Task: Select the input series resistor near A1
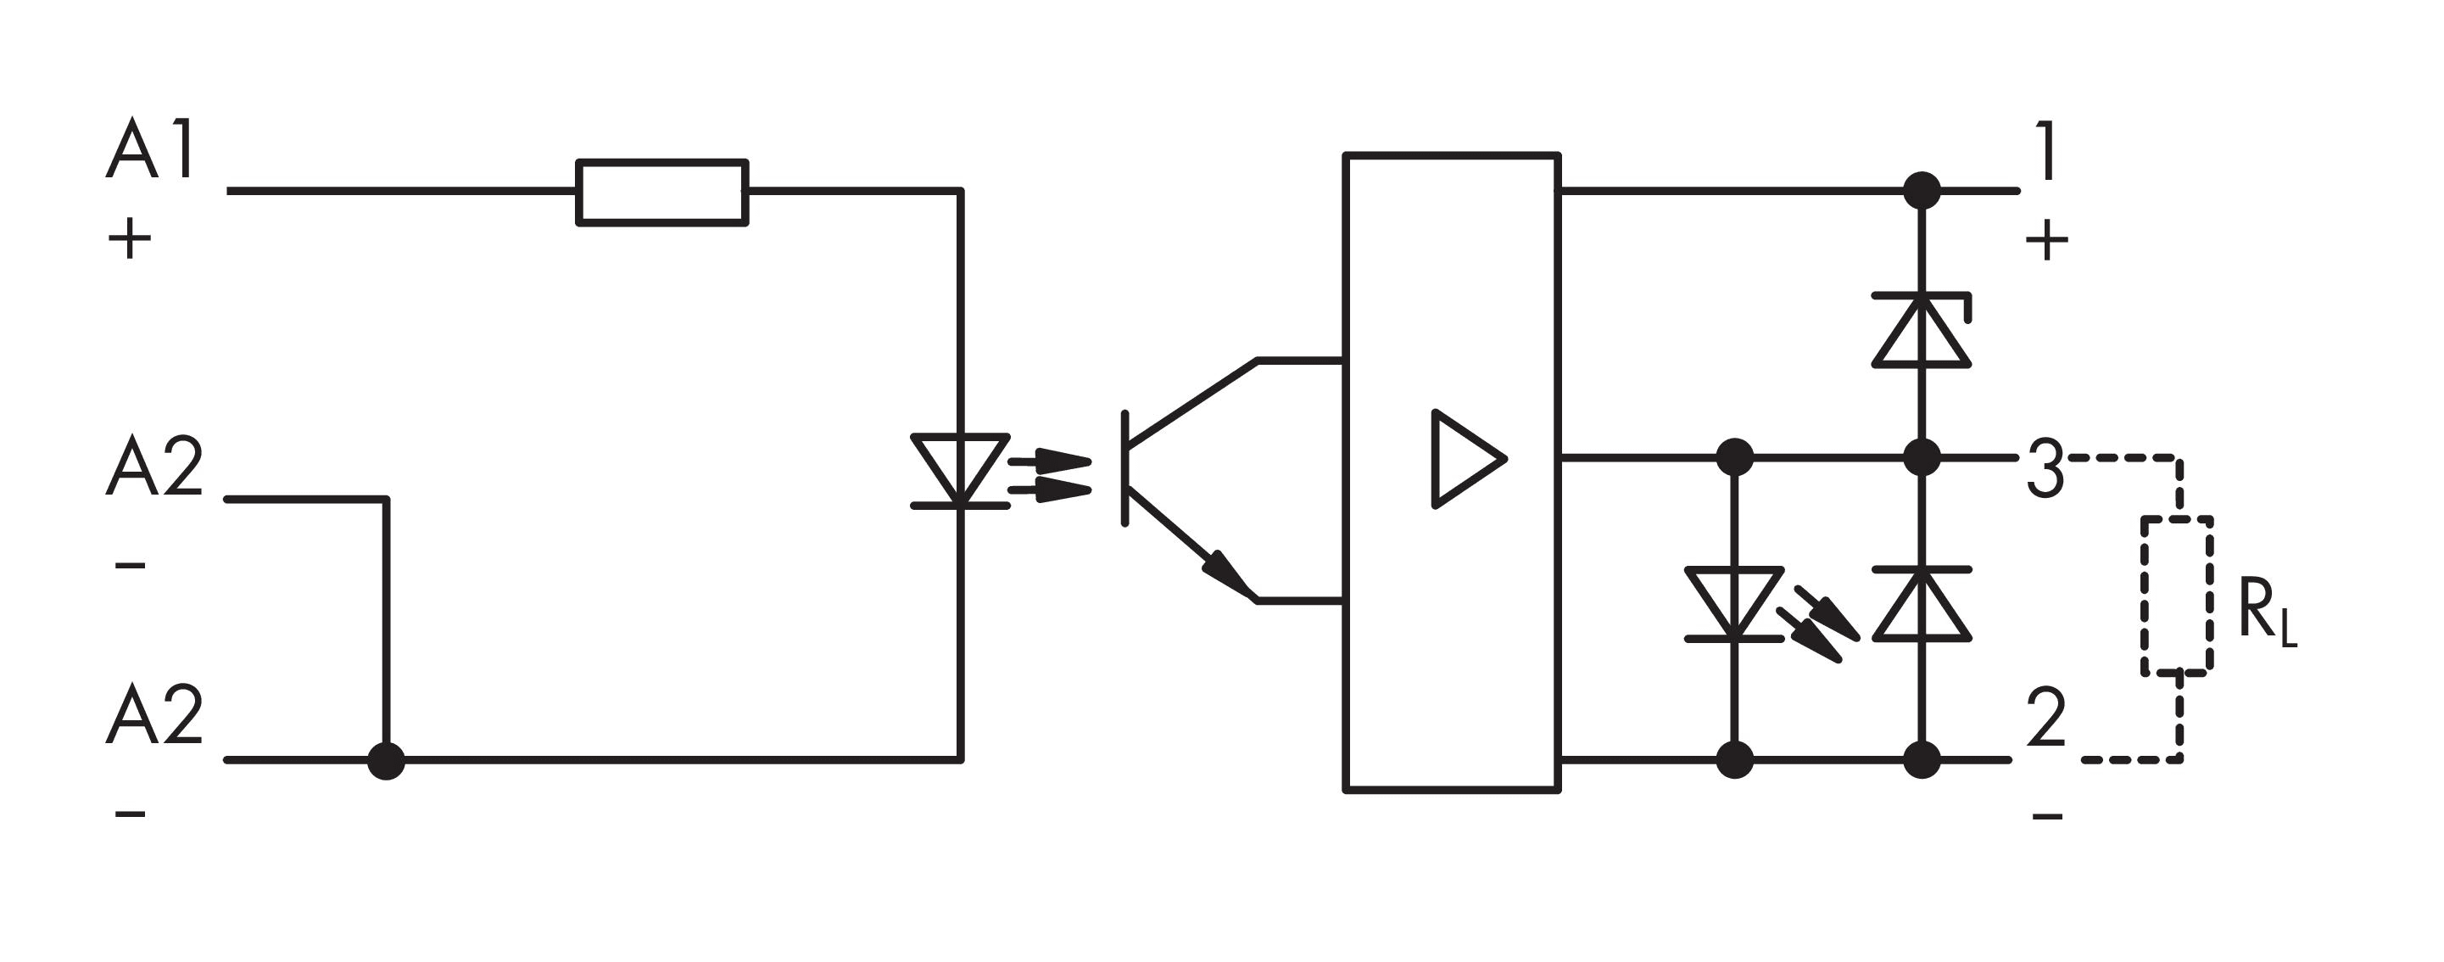pyautogui.click(x=661, y=193)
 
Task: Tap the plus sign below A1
pyautogui.click(x=130, y=239)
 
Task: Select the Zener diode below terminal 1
pyautogui.click(x=1922, y=330)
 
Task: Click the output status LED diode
pyautogui.click(x=1734, y=603)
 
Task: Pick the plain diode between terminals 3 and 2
pyautogui.click(x=1922, y=604)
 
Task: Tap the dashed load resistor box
pyautogui.click(x=2178, y=596)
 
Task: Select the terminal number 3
pyautogui.click(x=2045, y=468)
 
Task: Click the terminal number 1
pyautogui.click(x=2045, y=151)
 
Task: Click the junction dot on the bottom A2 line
pyautogui.click(x=386, y=760)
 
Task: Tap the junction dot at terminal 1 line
pyautogui.click(x=1922, y=191)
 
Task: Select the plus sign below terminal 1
pyautogui.click(x=2046, y=241)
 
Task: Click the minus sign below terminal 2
pyautogui.click(x=2047, y=816)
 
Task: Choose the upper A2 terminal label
pyautogui.click(x=154, y=467)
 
